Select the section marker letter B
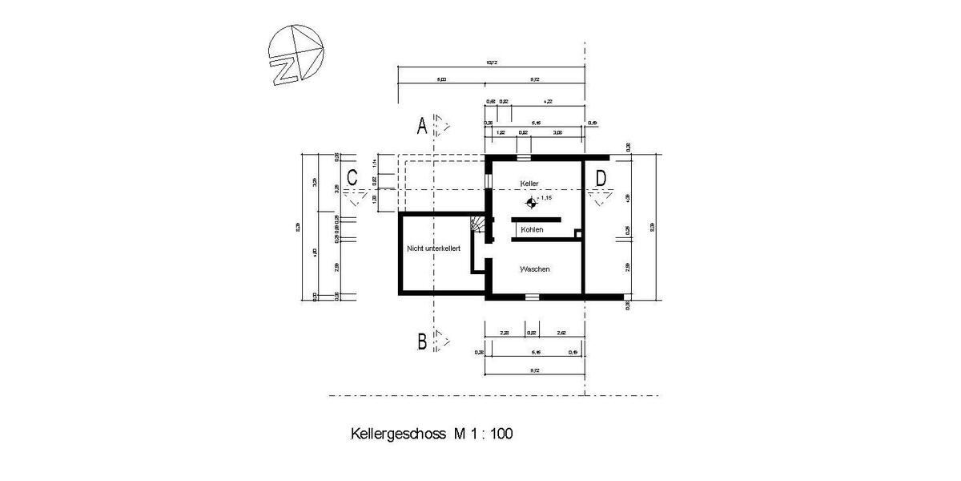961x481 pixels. click(421, 342)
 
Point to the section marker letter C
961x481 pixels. click(351, 177)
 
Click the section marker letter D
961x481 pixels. click(601, 177)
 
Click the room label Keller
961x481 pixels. click(529, 183)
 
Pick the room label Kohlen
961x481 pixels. click(532, 230)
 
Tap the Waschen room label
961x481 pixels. click(534, 269)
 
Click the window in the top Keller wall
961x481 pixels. click(523, 158)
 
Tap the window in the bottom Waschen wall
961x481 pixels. click(531, 297)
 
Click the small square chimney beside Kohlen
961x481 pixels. click(578, 234)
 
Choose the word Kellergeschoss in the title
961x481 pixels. click(389, 435)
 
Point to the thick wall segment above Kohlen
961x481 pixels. click(537, 219)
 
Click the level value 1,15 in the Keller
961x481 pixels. click(547, 197)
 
